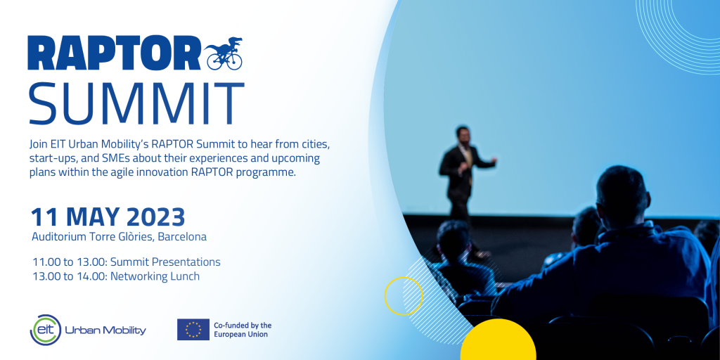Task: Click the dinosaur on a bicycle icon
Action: [x=224, y=53]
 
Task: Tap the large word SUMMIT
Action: [x=136, y=103]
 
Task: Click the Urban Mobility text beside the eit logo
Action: [x=105, y=330]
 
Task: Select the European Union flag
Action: [x=193, y=329]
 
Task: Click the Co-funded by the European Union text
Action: [x=243, y=330]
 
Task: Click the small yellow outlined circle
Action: [x=404, y=296]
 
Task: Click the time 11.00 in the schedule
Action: [x=46, y=262]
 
